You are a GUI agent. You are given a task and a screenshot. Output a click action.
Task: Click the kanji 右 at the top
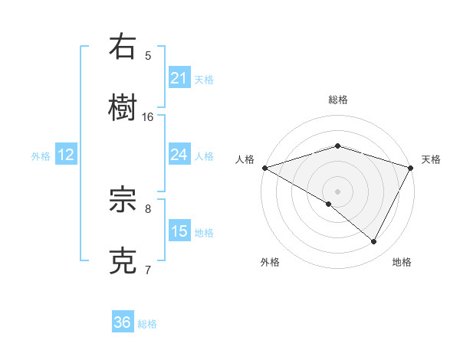[123, 47]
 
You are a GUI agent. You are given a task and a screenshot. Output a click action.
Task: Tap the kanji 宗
[123, 201]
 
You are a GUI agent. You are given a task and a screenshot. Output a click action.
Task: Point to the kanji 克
[123, 260]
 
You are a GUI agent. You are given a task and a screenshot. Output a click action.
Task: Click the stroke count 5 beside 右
[148, 55]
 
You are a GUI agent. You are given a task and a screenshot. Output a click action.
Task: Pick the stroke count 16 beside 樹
[148, 116]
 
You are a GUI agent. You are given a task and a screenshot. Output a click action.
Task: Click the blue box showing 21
[179, 78]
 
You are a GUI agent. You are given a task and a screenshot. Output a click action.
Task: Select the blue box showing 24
[179, 155]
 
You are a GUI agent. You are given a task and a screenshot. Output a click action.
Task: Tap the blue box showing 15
[179, 231]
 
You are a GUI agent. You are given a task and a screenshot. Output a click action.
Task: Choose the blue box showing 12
[66, 155]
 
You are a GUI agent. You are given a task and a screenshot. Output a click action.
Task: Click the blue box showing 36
[122, 322]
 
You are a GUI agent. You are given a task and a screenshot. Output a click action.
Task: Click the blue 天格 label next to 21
[204, 79]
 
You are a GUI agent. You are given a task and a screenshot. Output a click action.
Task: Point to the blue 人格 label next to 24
[204, 155]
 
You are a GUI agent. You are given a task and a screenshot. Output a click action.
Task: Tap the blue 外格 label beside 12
[41, 155]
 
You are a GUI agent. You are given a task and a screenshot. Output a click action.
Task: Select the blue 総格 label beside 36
[147, 324]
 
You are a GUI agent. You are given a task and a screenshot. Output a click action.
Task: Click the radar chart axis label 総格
[337, 100]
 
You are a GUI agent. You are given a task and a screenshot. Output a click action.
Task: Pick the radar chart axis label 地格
[402, 262]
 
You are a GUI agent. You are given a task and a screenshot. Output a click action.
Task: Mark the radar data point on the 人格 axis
[264, 168]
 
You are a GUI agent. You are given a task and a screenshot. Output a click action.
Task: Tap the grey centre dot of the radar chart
[337, 191]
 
